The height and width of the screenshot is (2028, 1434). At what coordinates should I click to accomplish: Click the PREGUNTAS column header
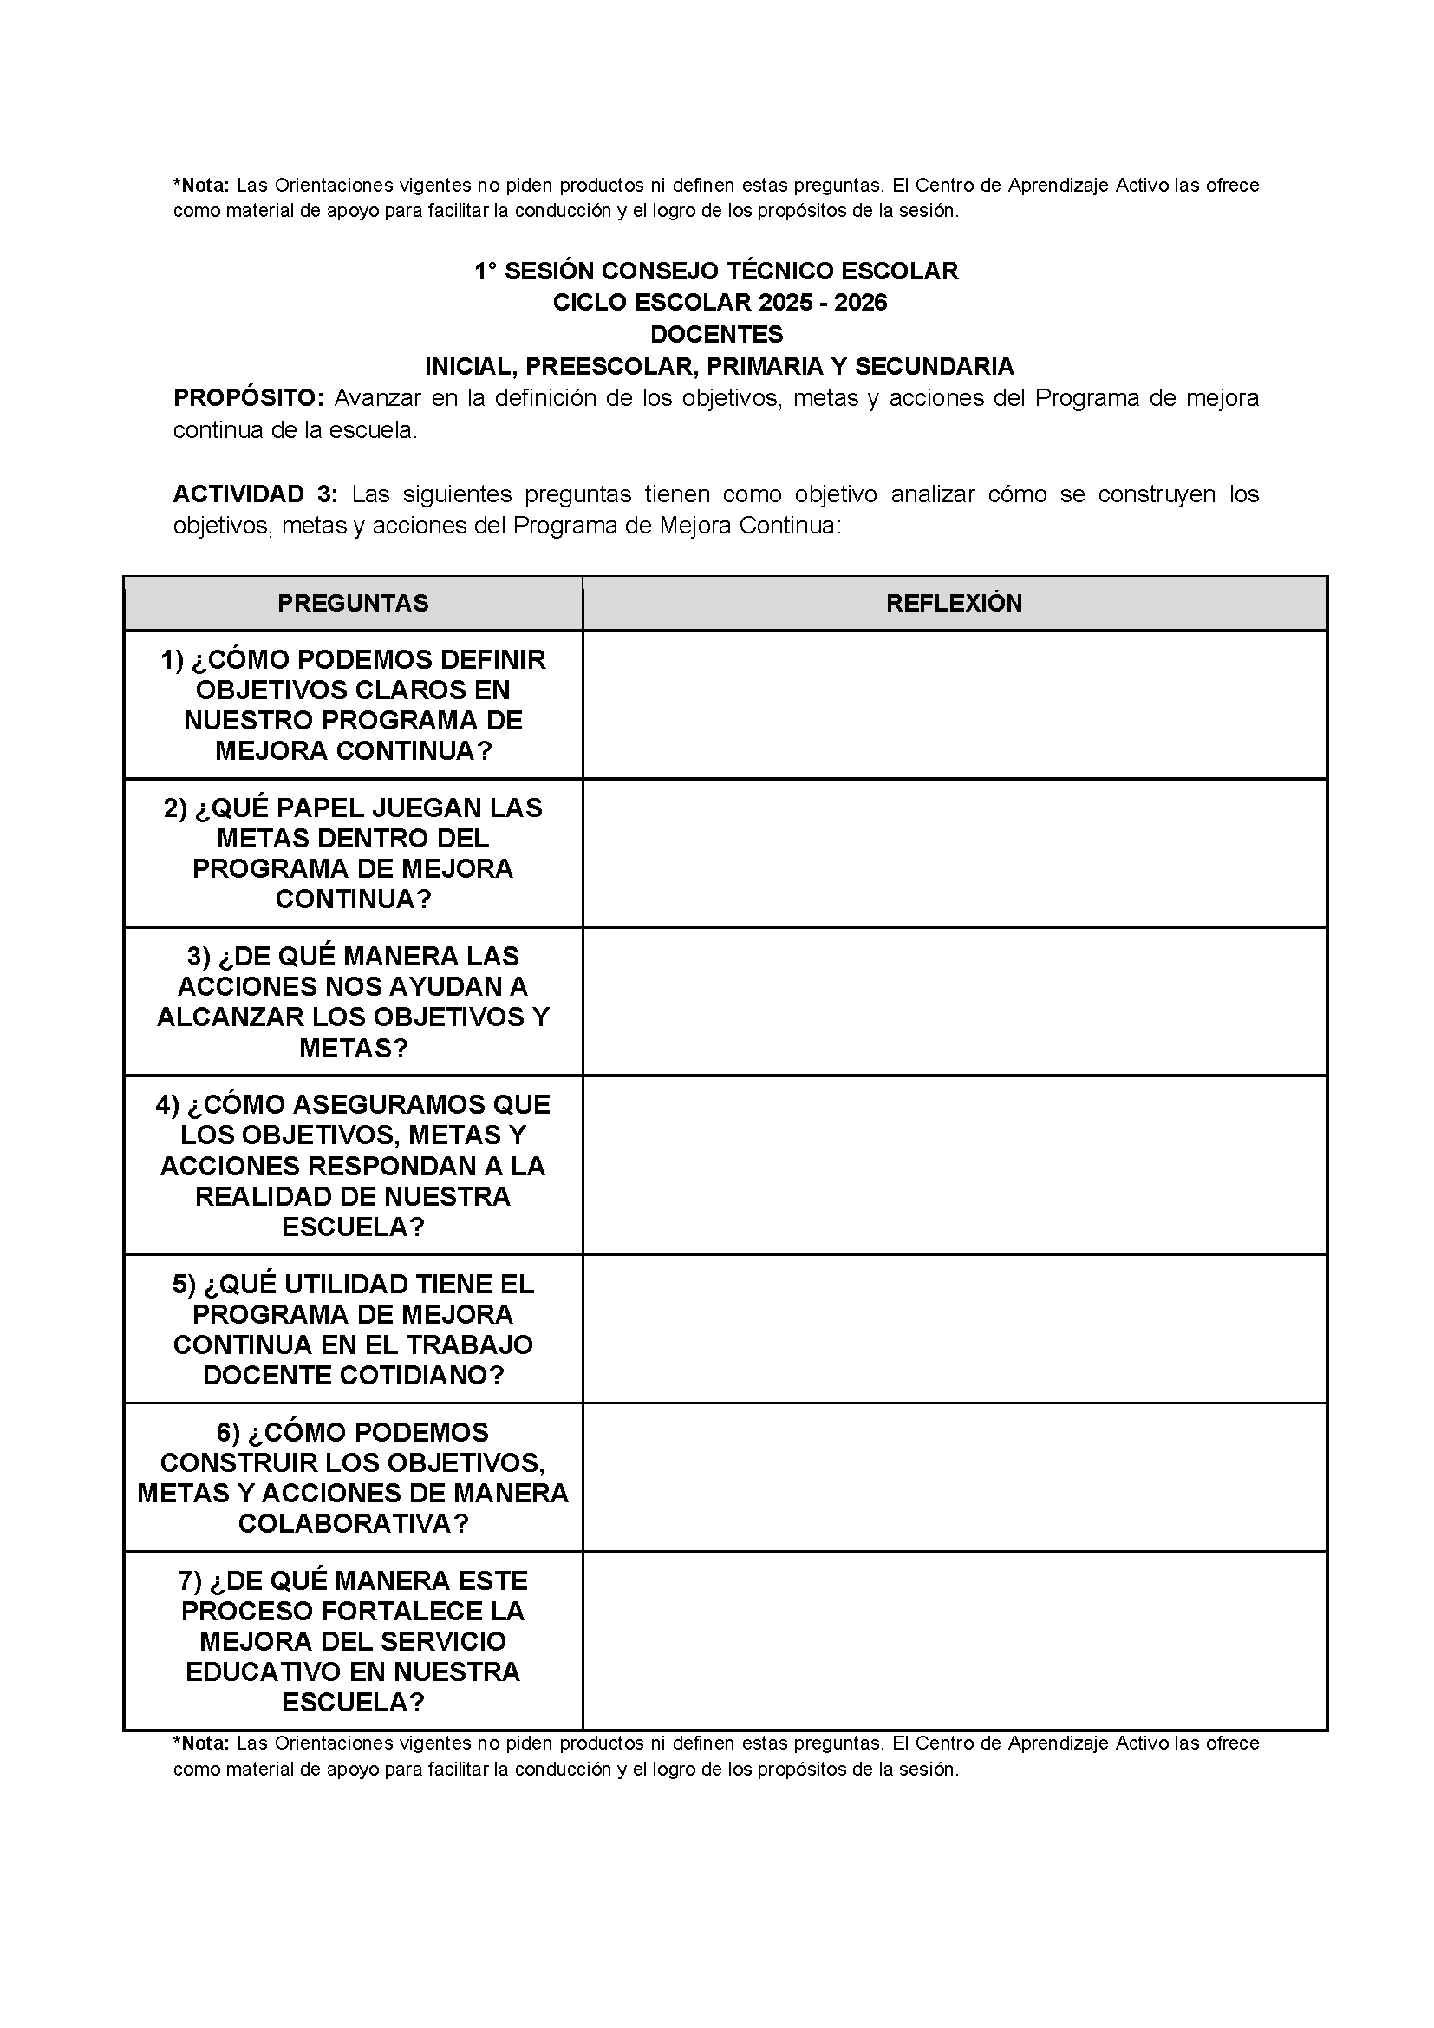[x=352, y=603]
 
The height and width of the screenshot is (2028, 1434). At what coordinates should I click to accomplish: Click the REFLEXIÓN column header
[x=954, y=603]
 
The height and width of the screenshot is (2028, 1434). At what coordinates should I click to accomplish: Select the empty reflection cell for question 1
[x=954, y=705]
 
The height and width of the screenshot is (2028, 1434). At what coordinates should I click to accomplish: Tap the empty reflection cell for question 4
[x=954, y=1165]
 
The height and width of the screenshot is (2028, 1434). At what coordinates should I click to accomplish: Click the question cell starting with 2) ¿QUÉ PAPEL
[x=352, y=854]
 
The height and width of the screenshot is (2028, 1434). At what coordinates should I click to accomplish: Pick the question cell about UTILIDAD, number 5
[x=352, y=1330]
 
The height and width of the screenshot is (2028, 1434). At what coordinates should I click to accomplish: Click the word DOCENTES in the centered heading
[x=716, y=335]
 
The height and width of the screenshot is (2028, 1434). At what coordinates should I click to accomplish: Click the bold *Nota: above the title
[x=201, y=186]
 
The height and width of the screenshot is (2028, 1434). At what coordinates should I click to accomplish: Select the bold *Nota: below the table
[x=201, y=1743]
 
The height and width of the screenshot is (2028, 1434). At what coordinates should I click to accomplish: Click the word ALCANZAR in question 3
[x=230, y=1017]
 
